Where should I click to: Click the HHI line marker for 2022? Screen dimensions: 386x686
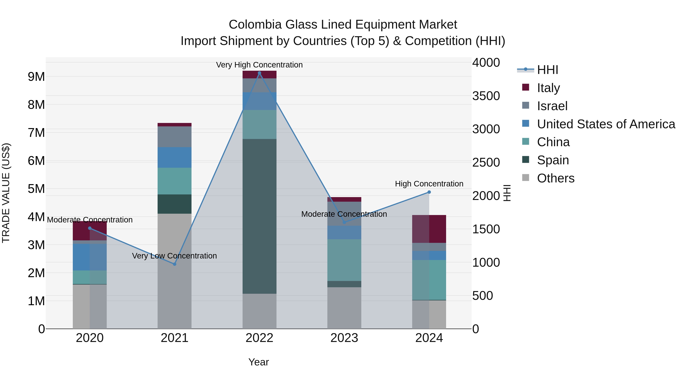259,73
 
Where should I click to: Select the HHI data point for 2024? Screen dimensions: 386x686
429,192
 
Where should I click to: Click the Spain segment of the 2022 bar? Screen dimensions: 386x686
259,216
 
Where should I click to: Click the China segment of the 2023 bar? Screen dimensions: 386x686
344,260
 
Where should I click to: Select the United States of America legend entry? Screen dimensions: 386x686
606,124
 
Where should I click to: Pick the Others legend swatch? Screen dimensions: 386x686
525,178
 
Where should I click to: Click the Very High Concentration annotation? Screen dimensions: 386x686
259,65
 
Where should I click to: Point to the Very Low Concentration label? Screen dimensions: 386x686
174,256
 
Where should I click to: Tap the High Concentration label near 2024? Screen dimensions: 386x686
429,184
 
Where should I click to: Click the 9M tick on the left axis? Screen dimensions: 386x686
36,77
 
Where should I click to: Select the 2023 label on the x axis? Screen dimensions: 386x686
344,338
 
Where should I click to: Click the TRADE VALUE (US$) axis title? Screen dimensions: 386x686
6,193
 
